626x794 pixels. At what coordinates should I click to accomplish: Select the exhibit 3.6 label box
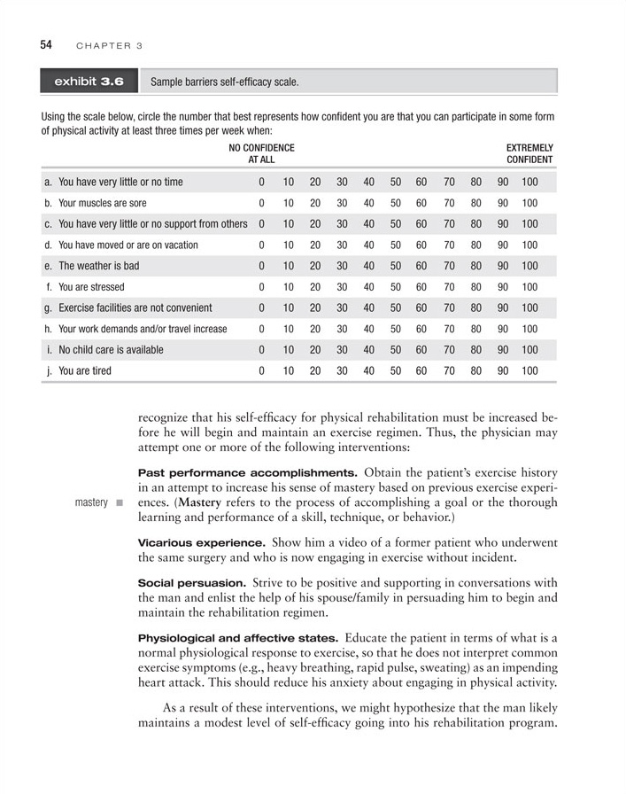(x=89, y=82)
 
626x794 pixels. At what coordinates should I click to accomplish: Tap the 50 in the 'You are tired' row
(x=395, y=370)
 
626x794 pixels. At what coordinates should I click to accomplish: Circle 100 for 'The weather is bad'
(x=529, y=266)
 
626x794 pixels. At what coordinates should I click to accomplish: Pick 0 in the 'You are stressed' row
(x=261, y=287)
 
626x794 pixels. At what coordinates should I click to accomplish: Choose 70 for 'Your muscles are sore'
(x=449, y=203)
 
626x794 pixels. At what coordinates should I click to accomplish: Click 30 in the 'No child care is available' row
(x=341, y=350)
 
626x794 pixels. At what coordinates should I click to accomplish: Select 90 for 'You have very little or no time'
(x=503, y=183)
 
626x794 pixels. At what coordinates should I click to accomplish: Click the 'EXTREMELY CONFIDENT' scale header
(x=529, y=153)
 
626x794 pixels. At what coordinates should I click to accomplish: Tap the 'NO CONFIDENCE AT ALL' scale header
(x=261, y=153)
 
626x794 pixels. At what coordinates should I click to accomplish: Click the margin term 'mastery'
(x=91, y=502)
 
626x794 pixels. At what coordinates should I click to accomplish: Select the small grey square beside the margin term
(x=119, y=503)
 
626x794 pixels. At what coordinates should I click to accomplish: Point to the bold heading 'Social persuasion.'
(x=192, y=583)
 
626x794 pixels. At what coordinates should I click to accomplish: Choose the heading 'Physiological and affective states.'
(x=237, y=638)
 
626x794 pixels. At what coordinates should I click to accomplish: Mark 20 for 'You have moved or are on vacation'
(x=314, y=245)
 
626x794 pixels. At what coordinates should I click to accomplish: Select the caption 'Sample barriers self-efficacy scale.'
(x=225, y=82)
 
